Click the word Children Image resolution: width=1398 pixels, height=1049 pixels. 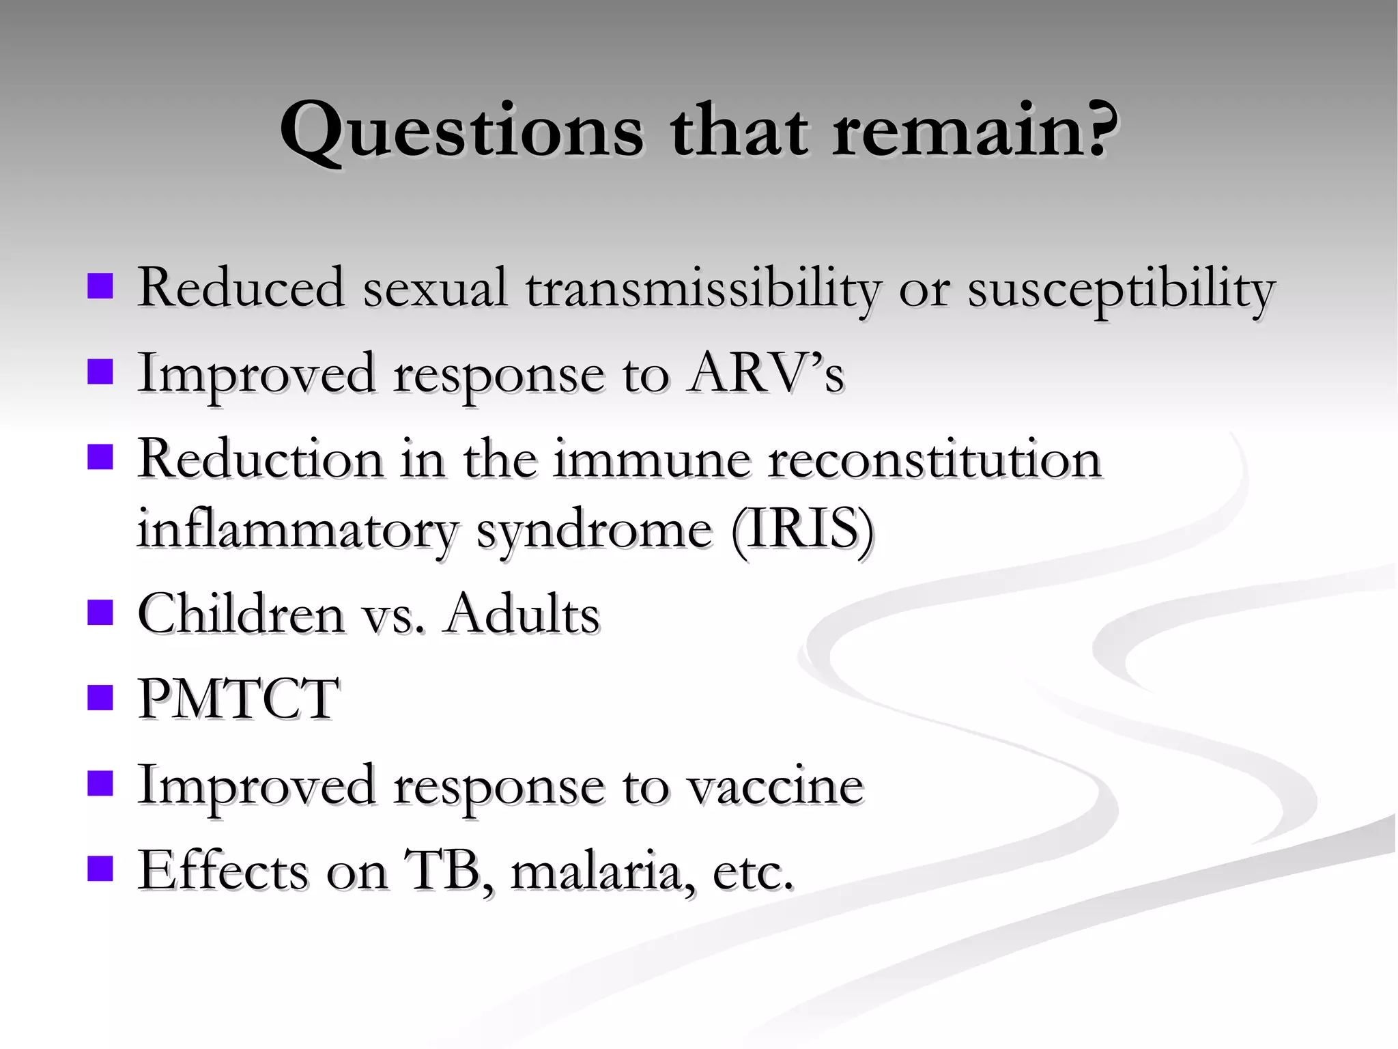tap(241, 613)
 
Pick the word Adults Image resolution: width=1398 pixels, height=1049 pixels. tap(522, 613)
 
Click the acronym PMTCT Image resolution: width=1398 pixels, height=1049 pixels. tap(238, 699)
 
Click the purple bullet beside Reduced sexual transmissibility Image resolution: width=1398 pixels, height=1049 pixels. tap(100, 287)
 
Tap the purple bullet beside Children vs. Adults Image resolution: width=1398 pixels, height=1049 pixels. tap(100, 613)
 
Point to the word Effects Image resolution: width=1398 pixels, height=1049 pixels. tap(223, 871)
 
